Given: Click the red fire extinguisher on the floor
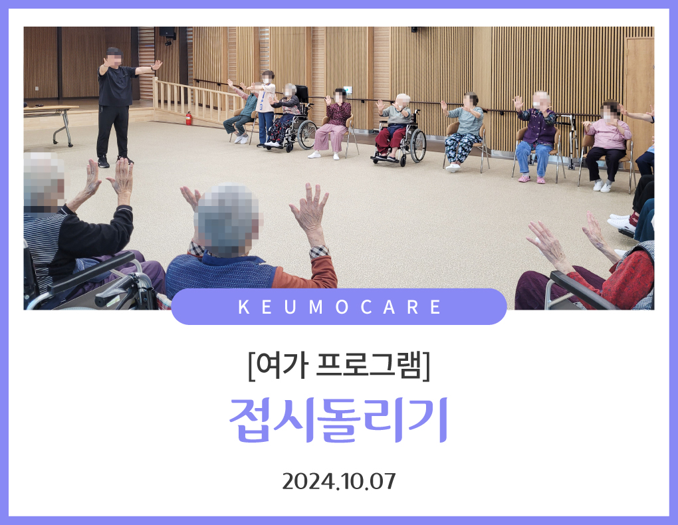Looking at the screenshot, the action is click(x=189, y=118).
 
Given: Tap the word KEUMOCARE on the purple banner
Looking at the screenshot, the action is click(x=340, y=307).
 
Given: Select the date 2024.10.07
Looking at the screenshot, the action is click(x=339, y=481).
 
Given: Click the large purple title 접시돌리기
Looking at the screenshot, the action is click(x=339, y=419).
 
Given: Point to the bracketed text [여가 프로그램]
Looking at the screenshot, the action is click(x=339, y=366).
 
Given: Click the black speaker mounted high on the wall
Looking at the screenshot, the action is click(x=168, y=32).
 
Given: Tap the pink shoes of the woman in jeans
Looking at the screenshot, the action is click(x=532, y=179).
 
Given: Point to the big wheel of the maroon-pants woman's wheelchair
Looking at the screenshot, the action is click(x=417, y=146).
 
